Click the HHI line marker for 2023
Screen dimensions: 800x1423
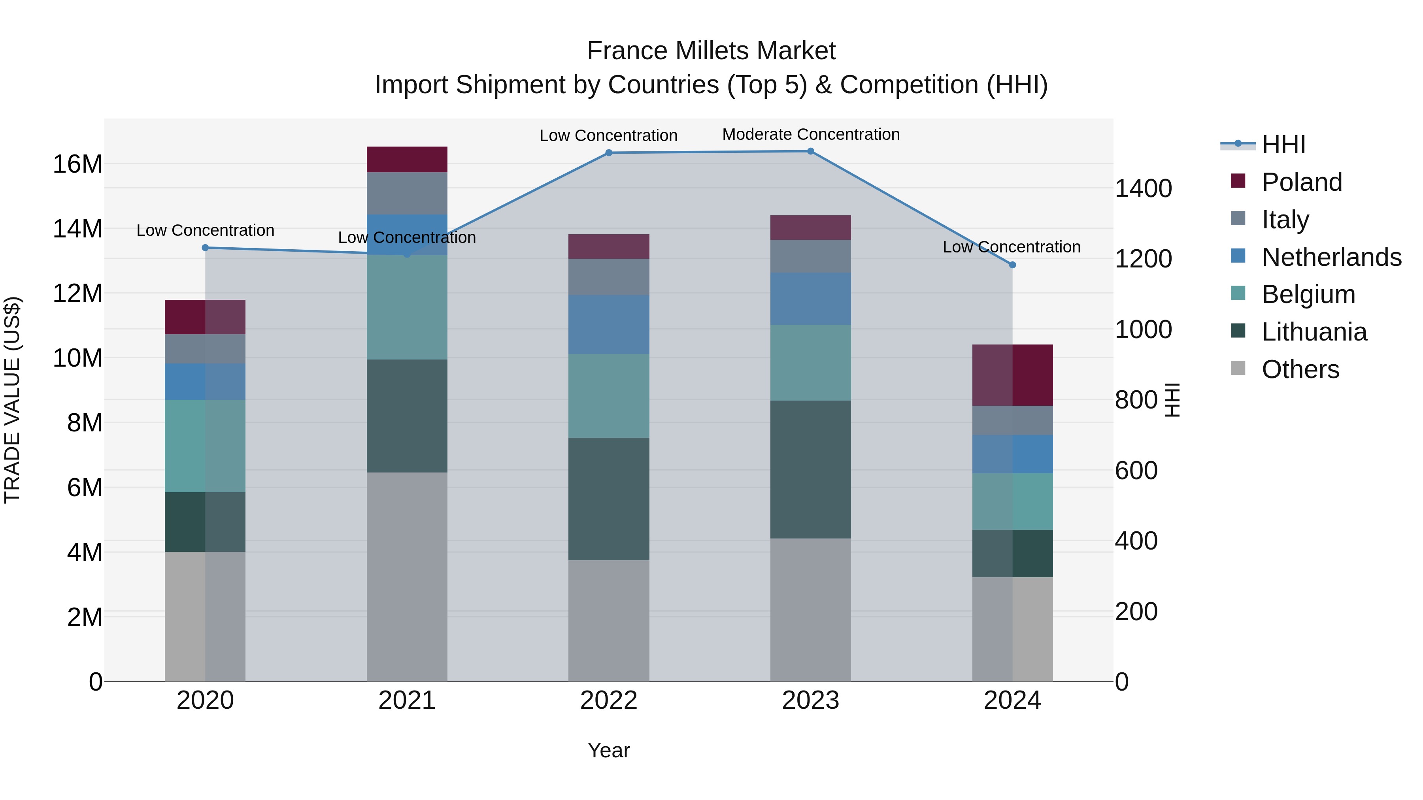click(810, 151)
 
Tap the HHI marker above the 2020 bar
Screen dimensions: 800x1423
click(205, 248)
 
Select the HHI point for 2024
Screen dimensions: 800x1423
click(1012, 265)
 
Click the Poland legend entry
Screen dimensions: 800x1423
click(1301, 182)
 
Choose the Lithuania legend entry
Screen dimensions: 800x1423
click(1313, 332)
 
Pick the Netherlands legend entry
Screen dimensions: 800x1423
click(1330, 257)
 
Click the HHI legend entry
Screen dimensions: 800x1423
click(1283, 145)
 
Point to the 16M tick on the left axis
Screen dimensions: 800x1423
click(77, 164)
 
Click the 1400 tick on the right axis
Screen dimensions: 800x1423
click(1143, 189)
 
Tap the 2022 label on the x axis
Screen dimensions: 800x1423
click(609, 700)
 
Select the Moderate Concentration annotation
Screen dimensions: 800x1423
click(810, 134)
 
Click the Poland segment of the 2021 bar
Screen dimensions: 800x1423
click(407, 160)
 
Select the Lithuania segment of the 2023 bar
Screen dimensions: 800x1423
click(810, 469)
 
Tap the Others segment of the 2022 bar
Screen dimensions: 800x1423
click(609, 621)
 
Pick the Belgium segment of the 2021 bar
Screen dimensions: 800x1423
click(407, 307)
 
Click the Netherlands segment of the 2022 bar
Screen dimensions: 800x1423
click(609, 325)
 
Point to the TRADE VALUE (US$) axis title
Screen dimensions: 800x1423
click(12, 400)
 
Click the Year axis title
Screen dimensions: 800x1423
click(609, 750)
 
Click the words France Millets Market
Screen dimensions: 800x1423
click(711, 51)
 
